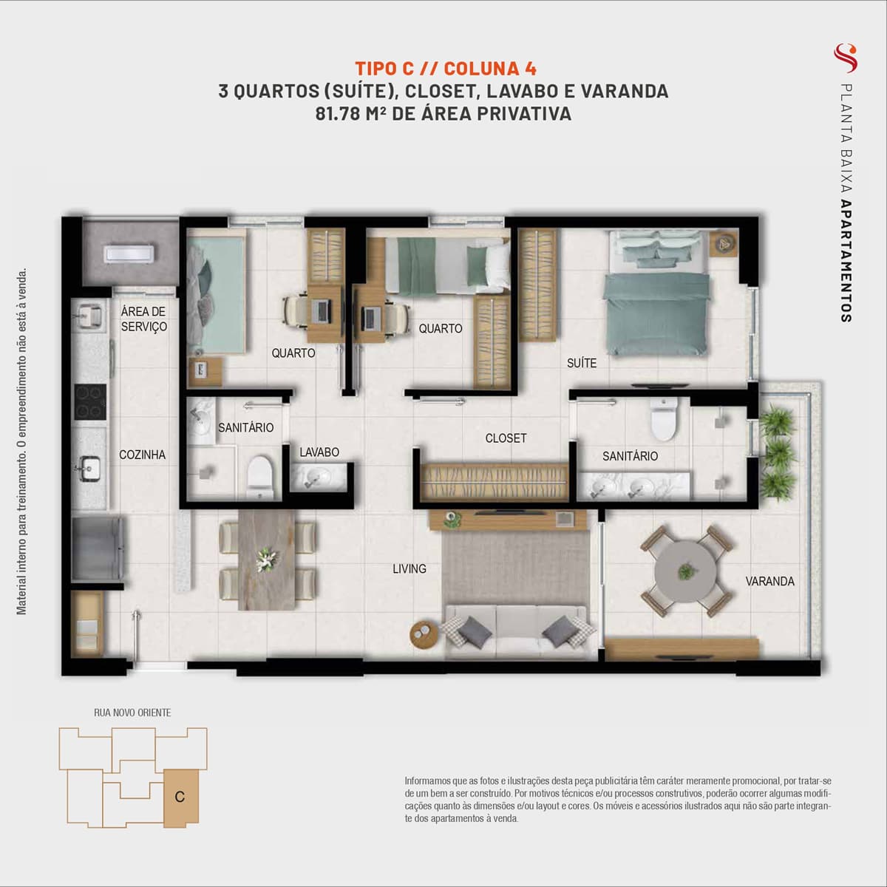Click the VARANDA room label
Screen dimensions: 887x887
pos(769,582)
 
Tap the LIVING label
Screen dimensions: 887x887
pos(409,569)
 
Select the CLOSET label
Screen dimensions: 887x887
pos(506,438)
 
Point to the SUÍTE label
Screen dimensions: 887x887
pos(582,363)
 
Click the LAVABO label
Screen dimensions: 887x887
pos(319,452)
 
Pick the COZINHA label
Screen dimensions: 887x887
pos(142,455)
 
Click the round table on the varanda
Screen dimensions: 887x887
pos(686,571)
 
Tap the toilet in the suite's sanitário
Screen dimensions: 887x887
pos(663,419)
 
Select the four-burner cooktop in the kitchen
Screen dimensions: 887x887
pos(91,402)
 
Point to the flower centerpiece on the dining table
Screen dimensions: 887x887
pos(267,560)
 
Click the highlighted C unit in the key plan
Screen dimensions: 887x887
pos(181,796)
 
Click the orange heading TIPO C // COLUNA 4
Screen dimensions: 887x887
pos(446,69)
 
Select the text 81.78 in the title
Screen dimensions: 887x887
pos(337,114)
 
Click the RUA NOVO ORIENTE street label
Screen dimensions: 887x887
pos(132,713)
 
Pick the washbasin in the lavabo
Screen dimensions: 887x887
pos(319,478)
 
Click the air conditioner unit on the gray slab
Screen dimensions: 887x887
pos(129,254)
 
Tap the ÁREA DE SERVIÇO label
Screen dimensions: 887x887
pos(143,319)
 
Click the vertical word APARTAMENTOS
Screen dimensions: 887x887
pos(846,261)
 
